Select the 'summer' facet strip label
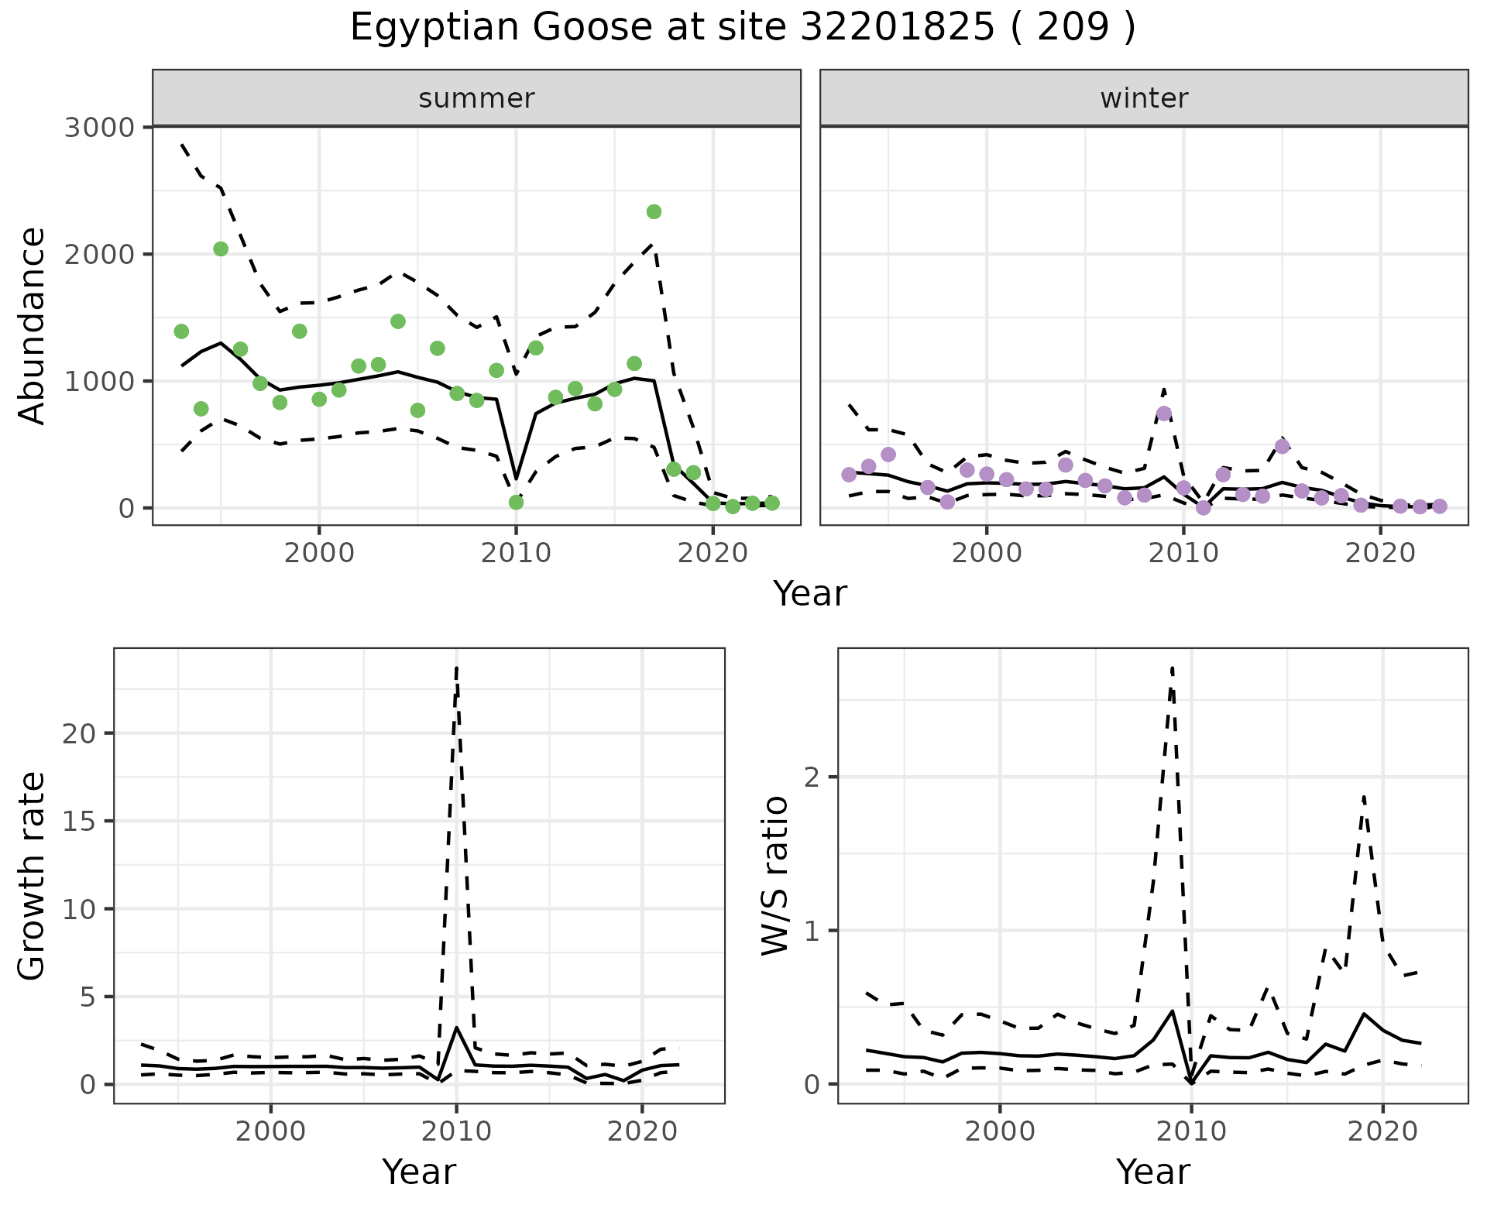(476, 98)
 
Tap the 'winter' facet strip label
(1144, 98)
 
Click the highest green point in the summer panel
(654, 212)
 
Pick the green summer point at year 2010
(516, 503)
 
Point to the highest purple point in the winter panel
(1163, 414)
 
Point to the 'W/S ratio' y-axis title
(775, 876)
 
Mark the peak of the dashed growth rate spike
(457, 667)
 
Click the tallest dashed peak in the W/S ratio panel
(1173, 667)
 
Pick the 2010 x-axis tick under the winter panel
(1183, 554)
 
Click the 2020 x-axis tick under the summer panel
(713, 554)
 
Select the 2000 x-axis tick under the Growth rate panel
(270, 1131)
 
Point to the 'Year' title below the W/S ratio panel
(1152, 1172)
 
